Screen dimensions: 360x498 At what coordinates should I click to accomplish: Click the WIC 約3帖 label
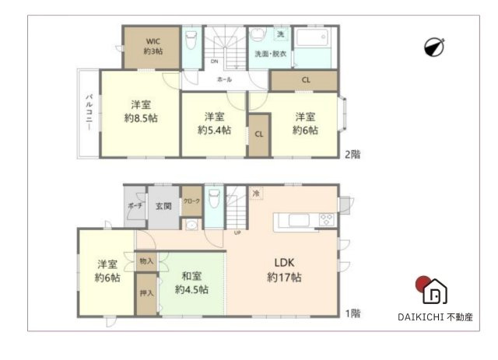point(153,45)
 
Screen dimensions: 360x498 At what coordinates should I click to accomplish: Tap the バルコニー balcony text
point(89,114)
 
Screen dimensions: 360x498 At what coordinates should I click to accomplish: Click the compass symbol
point(434,47)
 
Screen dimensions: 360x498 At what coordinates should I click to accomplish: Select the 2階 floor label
point(353,153)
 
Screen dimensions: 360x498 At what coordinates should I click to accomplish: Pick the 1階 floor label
point(353,313)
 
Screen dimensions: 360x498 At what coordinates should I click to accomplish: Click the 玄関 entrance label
point(163,206)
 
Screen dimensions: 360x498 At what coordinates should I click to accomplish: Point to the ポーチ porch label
point(134,206)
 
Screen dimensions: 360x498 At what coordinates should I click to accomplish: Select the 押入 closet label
point(146,293)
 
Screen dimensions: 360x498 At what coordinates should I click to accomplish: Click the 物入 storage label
point(146,260)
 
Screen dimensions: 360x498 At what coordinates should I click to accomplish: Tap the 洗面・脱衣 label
point(271,53)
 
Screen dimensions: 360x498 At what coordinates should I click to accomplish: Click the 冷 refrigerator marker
point(255,192)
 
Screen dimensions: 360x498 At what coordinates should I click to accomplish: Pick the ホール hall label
point(224,79)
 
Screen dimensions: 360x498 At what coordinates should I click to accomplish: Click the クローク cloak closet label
point(191,201)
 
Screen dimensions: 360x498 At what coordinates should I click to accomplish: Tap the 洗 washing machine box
point(280,35)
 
